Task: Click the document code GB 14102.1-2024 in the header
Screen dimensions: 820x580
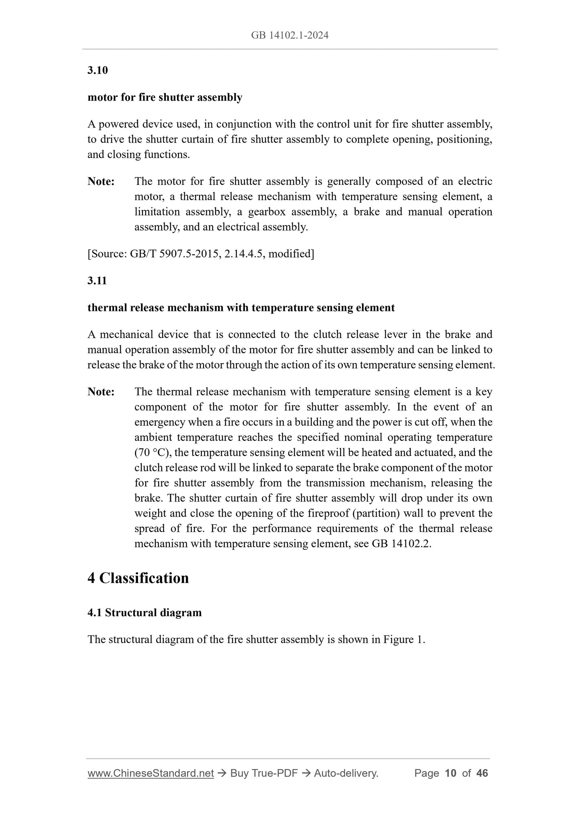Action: pyautogui.click(x=290, y=35)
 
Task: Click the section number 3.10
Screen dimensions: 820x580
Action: pyautogui.click(x=98, y=70)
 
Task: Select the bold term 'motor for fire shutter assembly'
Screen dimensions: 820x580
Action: pyautogui.click(x=165, y=97)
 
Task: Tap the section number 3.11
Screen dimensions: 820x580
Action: pyautogui.click(x=97, y=281)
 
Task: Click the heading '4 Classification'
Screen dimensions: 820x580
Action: pyautogui.click(x=138, y=578)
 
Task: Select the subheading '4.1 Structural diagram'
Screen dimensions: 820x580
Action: pyautogui.click(x=144, y=613)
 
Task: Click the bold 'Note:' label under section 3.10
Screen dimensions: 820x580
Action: pyautogui.click(x=101, y=181)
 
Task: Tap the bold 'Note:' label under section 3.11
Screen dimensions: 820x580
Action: pyautogui.click(x=101, y=392)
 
